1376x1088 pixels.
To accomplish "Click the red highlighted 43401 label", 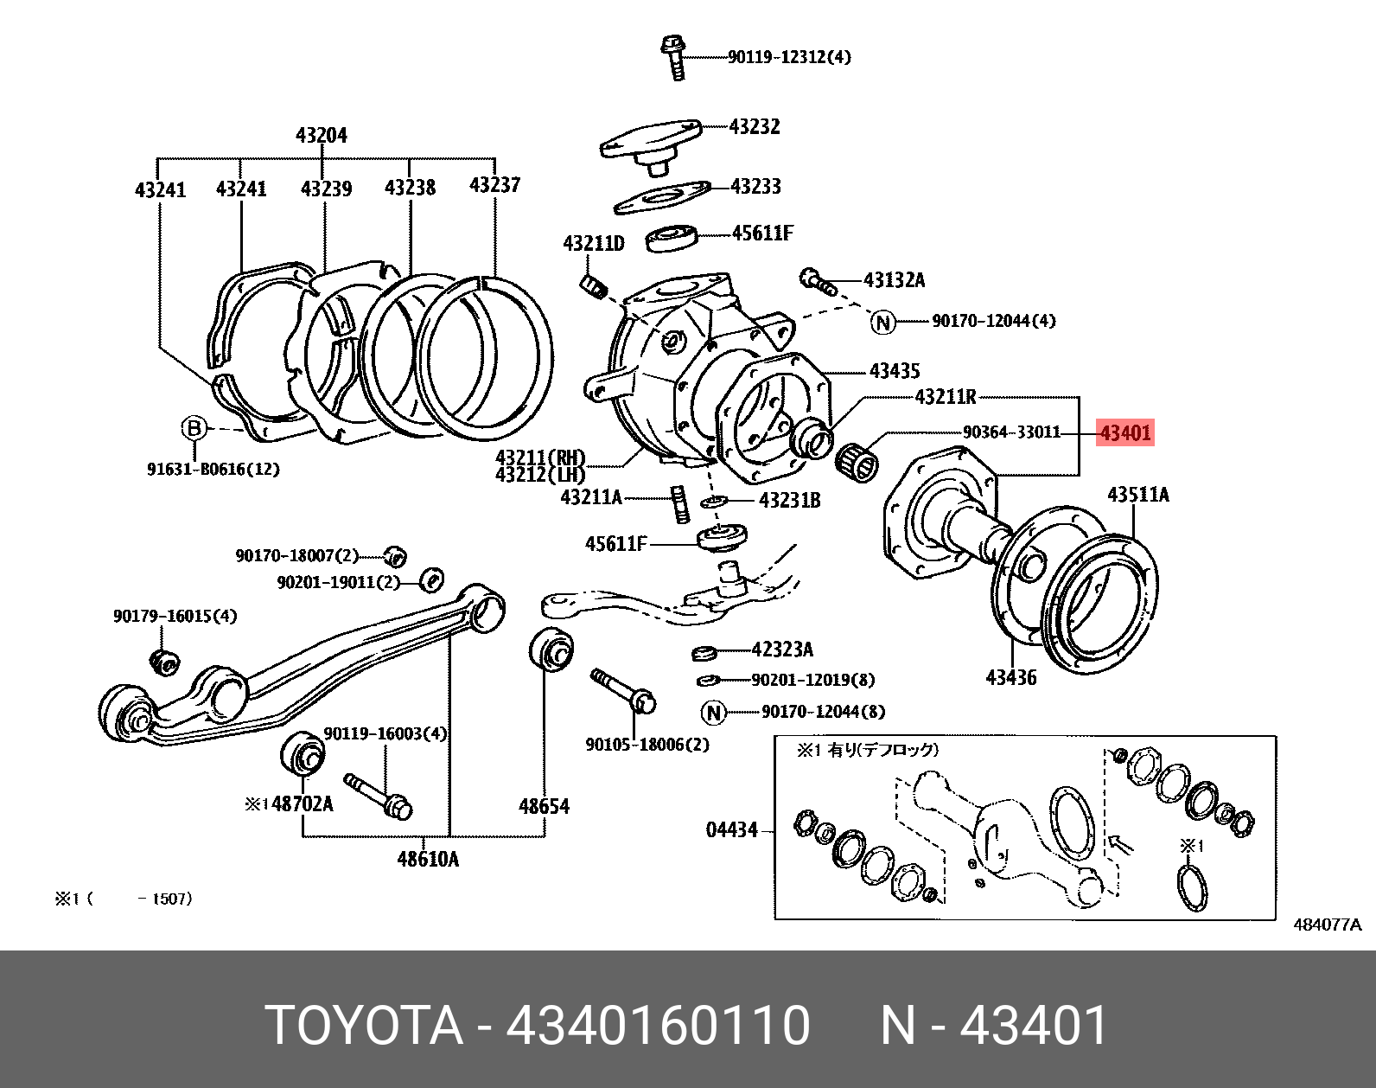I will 1124,432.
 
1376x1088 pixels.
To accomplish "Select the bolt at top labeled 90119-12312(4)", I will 674,57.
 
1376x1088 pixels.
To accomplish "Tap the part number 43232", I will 754,127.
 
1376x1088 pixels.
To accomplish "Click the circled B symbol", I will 194,428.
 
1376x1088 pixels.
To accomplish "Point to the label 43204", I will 322,136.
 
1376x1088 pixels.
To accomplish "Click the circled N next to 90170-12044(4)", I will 882,322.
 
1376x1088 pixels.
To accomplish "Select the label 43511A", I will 1138,495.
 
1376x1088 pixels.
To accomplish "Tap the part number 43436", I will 1011,677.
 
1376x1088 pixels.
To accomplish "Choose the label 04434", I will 732,830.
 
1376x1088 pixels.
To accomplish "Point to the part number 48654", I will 544,807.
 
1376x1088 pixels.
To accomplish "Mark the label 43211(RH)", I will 540,458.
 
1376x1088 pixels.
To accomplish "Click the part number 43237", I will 494,185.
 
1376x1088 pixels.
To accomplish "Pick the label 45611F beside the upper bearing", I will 761,234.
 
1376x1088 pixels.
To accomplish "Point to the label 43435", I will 894,371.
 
